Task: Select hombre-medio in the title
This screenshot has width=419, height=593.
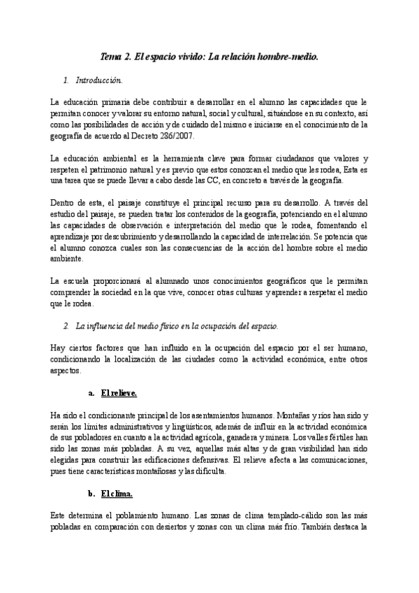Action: [x=289, y=57]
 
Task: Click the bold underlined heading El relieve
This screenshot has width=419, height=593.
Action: [x=119, y=393]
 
